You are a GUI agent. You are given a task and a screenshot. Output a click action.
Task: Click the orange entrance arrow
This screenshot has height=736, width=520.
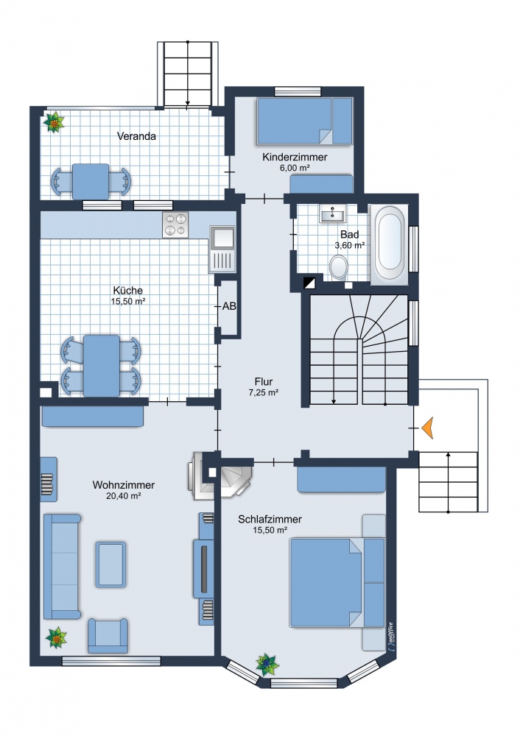pyautogui.click(x=427, y=428)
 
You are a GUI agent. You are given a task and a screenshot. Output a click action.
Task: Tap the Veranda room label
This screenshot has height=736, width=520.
pyautogui.click(x=136, y=136)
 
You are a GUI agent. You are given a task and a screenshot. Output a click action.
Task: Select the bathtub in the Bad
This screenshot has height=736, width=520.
pyautogui.click(x=390, y=244)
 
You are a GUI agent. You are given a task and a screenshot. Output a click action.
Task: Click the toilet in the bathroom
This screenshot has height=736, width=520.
pyautogui.click(x=338, y=267)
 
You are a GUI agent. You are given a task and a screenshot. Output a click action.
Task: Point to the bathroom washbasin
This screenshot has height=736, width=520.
pyautogui.click(x=333, y=214)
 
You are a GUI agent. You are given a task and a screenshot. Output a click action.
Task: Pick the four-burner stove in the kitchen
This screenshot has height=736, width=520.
pyautogui.click(x=176, y=224)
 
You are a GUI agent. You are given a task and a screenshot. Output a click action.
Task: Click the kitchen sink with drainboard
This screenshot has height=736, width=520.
pyautogui.click(x=222, y=249)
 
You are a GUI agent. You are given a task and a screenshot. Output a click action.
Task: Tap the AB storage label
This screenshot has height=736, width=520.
pyautogui.click(x=229, y=306)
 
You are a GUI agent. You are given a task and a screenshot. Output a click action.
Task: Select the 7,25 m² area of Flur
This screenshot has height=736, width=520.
pyautogui.click(x=264, y=392)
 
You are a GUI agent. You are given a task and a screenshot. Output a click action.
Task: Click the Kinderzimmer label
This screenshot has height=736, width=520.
pyautogui.click(x=295, y=157)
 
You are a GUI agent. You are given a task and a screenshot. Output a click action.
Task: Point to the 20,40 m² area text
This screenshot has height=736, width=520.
pyautogui.click(x=124, y=495)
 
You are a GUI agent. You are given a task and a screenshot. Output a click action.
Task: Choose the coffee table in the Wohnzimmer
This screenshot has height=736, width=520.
pyautogui.click(x=111, y=565)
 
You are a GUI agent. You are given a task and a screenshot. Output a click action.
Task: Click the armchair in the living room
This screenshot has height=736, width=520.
pyautogui.click(x=108, y=636)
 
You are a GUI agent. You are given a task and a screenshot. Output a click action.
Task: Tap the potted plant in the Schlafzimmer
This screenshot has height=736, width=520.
pyautogui.click(x=267, y=664)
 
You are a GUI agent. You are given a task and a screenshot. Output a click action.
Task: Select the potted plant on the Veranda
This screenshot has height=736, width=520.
pyautogui.click(x=54, y=122)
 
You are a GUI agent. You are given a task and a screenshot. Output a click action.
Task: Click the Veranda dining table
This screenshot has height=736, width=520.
pyautogui.click(x=91, y=181)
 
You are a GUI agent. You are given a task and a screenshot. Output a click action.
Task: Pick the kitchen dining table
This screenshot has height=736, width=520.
pyautogui.click(x=102, y=365)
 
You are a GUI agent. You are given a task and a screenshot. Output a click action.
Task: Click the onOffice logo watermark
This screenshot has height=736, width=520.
pyautogui.click(x=390, y=637)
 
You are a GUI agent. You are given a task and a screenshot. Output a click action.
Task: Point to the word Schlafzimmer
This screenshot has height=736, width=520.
pyautogui.click(x=270, y=519)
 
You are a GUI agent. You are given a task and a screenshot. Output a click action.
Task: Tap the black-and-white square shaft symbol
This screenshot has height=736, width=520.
pyautogui.click(x=309, y=283)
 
